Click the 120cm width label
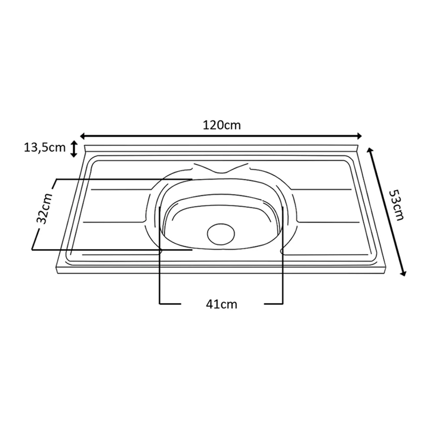tap(222, 125)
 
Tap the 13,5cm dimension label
tap(44, 148)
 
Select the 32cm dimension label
tap(45, 208)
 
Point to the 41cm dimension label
tap(222, 304)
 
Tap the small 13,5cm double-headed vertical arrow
tap(74, 149)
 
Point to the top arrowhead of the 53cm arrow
tap(370, 151)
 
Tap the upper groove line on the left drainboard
tap(117, 190)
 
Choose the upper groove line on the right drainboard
tap(322, 190)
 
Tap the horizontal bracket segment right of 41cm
tap(274, 303)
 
